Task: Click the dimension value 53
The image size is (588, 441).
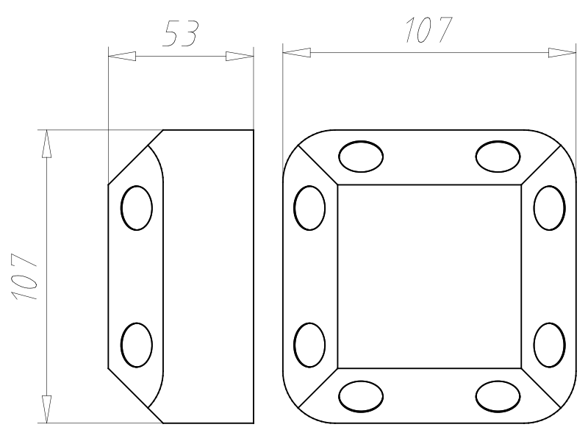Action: point(180,34)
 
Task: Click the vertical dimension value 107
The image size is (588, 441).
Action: point(25,277)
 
